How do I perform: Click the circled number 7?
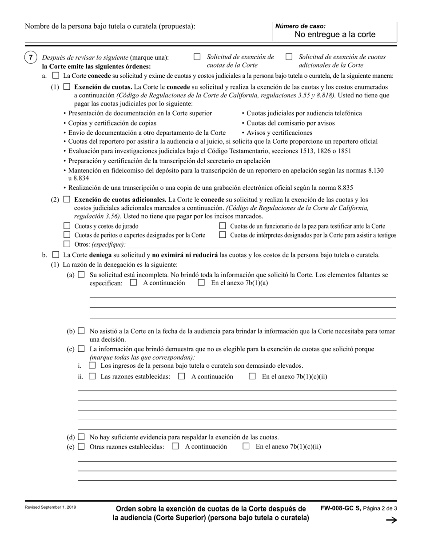pos(31,57)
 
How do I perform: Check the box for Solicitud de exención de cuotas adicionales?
pos(289,57)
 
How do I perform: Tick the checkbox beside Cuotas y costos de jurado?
pos(67,226)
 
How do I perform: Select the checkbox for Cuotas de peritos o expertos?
pos(67,235)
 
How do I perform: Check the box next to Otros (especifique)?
pos(67,244)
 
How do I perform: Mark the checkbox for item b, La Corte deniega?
pos(56,255)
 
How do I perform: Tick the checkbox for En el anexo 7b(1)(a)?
pos(201,283)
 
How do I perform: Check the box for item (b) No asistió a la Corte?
pos(81,331)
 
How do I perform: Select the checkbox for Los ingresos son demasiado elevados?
pos(92,366)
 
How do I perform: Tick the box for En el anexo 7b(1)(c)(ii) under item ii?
pos(252,376)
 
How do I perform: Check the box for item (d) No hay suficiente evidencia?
pos(81,437)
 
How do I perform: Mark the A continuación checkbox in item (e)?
pos(175,446)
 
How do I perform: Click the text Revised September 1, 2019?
pos(50,507)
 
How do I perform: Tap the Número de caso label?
pos(301,26)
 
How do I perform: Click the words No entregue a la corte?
pos(335,35)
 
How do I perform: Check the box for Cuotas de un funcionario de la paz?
pos(223,226)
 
